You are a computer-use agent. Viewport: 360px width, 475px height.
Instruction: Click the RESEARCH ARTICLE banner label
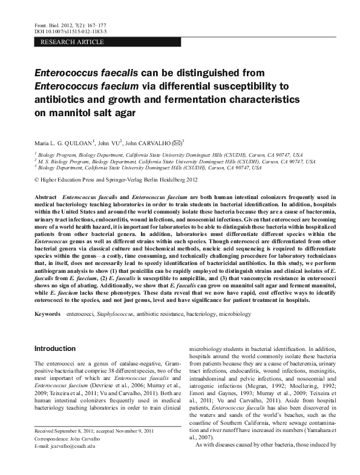point(72,42)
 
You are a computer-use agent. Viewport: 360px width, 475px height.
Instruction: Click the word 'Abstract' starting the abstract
point(48,198)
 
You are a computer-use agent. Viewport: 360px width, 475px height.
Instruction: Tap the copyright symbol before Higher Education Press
point(38,180)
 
